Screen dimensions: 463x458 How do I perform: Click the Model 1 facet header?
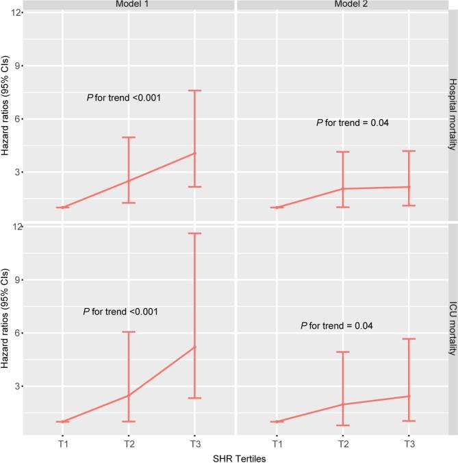[128, 5]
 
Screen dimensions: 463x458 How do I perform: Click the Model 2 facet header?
[342, 5]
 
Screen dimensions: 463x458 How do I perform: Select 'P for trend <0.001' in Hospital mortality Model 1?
[124, 98]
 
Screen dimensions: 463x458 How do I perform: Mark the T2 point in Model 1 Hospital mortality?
[128, 181]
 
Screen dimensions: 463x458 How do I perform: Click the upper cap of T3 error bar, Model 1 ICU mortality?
[194, 234]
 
